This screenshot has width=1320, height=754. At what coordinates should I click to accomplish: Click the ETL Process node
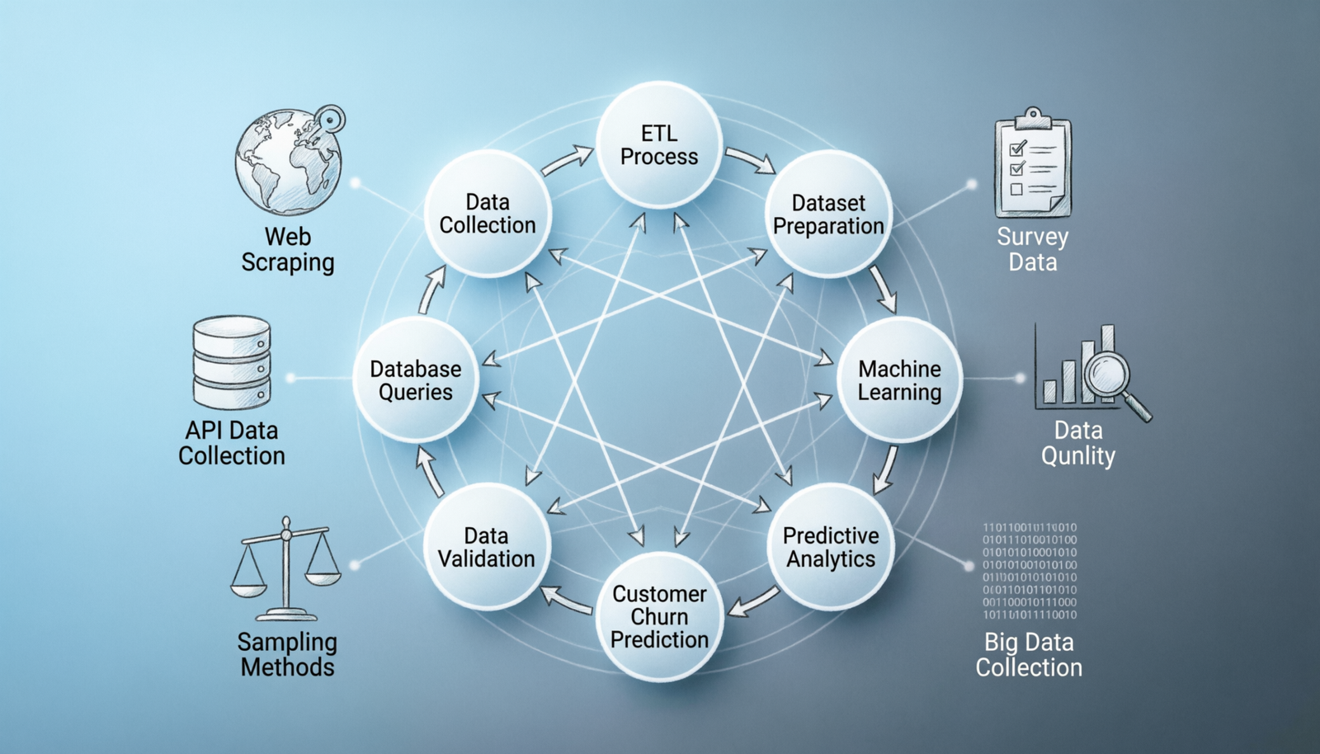[659, 145]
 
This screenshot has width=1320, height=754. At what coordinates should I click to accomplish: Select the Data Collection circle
[488, 214]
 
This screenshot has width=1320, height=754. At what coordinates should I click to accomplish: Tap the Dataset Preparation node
[828, 214]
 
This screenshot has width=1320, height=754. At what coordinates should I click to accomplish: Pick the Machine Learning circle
[899, 380]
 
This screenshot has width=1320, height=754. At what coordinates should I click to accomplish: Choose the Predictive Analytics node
[831, 547]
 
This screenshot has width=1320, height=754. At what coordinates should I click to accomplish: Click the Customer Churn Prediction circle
[659, 616]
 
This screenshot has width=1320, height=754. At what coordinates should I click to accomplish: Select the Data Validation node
[487, 547]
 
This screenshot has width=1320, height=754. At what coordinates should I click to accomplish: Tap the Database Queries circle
[416, 380]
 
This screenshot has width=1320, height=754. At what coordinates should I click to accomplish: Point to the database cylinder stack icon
[232, 363]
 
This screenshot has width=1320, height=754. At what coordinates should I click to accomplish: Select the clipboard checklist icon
[1033, 165]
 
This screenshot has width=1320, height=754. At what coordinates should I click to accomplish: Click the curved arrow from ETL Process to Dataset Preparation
[750, 159]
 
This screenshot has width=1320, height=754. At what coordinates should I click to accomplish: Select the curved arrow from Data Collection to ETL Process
[568, 160]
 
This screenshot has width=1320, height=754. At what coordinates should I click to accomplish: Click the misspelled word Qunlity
[1077, 455]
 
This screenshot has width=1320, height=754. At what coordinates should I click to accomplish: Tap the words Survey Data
[1032, 249]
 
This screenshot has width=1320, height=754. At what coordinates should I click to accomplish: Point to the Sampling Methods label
[287, 654]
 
